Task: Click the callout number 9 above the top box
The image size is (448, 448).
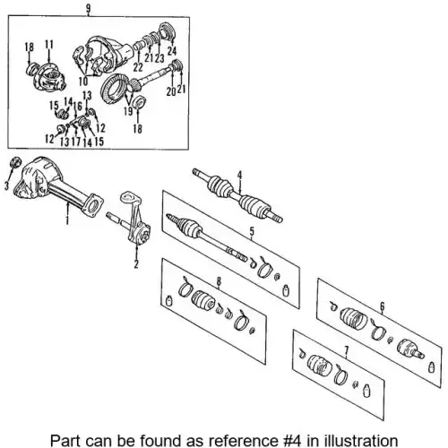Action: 88,8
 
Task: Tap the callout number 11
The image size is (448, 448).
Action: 49,44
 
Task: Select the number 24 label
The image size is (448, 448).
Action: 172,51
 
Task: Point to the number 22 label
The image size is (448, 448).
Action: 138,67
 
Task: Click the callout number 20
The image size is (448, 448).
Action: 171,91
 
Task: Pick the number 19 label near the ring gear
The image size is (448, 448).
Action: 129,111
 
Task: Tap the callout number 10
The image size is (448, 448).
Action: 83,81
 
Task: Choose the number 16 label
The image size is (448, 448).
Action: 77,106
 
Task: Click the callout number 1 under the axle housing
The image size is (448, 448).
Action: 67,220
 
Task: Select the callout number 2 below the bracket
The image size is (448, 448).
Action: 136,263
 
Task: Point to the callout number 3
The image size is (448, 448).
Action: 6,185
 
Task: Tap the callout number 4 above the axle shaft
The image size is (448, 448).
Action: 239,176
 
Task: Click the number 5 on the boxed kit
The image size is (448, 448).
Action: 252,231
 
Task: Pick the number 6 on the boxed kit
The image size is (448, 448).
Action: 383,306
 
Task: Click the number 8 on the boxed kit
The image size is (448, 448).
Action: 219,281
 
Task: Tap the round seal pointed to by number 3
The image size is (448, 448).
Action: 15,162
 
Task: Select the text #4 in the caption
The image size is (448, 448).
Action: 292,441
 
